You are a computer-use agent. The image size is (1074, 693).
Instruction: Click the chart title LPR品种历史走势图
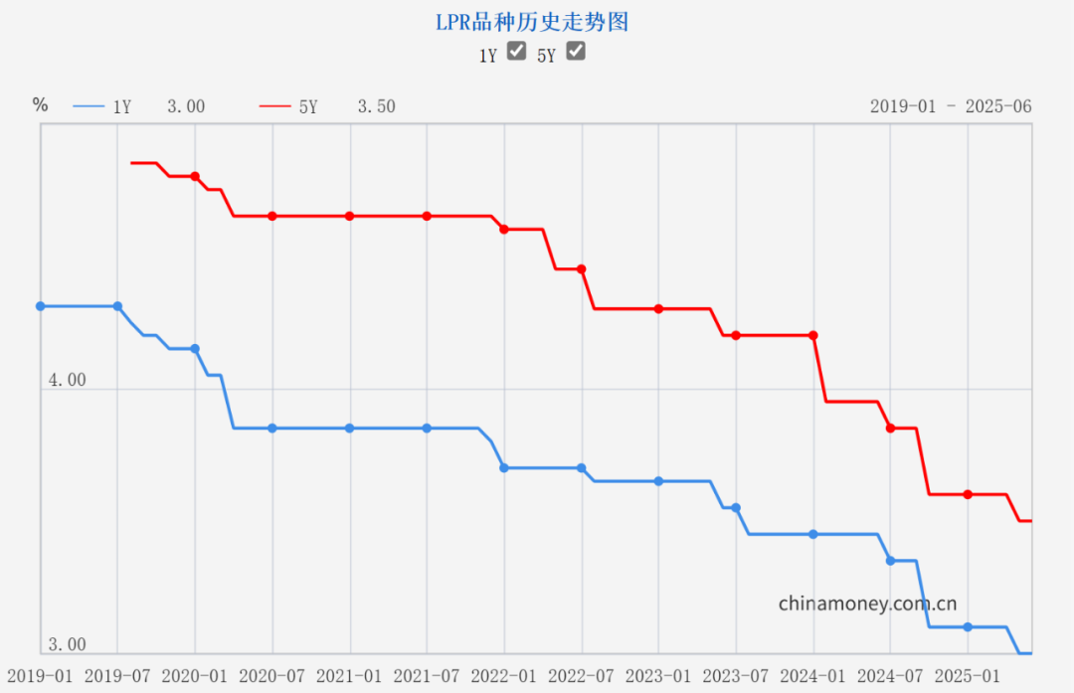coord(532,22)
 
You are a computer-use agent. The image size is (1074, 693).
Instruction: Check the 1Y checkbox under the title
coord(516,52)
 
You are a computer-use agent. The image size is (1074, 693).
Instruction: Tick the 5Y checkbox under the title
coord(575,52)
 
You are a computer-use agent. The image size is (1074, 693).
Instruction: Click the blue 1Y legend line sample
coord(89,106)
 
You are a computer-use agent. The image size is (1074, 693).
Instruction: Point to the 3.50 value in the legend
coord(376,106)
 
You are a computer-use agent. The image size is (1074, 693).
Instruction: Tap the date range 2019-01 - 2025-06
coord(951,106)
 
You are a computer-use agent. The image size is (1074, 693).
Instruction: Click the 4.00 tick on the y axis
coord(67,380)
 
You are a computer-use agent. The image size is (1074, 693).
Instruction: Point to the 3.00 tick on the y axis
coord(67,644)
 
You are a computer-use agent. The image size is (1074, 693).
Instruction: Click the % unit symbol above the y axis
coord(40,104)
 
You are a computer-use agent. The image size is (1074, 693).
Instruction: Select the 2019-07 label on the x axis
coord(117,675)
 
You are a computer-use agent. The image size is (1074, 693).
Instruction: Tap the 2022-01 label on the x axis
coord(504,675)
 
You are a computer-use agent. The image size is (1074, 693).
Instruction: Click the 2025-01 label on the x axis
coord(968,675)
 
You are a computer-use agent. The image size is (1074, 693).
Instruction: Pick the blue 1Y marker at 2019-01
coord(41,306)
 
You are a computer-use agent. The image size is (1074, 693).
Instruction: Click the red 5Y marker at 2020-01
coord(195,176)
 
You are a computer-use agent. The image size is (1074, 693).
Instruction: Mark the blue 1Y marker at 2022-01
coord(504,467)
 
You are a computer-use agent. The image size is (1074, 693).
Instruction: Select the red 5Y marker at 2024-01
coord(813,335)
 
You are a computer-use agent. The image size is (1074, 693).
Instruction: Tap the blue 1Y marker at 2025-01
coord(968,626)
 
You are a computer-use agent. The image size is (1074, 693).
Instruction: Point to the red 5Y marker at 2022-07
coord(582,268)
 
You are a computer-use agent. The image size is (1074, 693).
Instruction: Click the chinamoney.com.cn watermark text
coord(867,603)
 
